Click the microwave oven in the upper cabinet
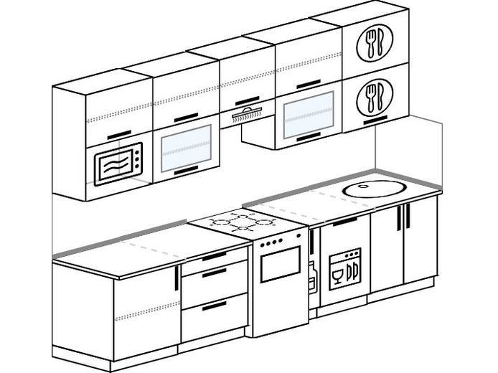pyautogui.click(x=118, y=164)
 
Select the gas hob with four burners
pyautogui.click(x=242, y=220)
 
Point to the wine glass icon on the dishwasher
pyautogui.click(x=337, y=272)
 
